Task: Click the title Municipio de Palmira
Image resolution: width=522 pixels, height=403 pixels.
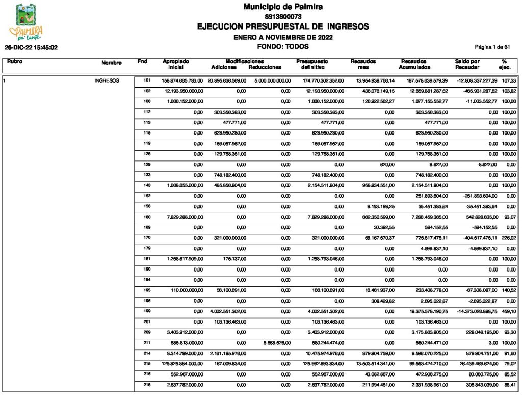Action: tap(283, 7)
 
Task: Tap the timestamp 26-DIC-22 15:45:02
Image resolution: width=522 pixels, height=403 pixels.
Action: tap(31, 47)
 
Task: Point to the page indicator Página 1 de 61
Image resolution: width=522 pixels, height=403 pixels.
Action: tap(492, 47)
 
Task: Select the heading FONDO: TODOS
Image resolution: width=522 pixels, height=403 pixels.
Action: tap(283, 46)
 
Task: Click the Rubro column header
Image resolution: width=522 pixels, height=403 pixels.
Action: tap(15, 62)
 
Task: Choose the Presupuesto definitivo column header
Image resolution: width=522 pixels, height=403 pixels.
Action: tap(312, 64)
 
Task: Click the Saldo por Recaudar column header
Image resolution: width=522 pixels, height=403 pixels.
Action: tap(467, 64)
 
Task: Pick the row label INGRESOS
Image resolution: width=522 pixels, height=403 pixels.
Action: tap(107, 80)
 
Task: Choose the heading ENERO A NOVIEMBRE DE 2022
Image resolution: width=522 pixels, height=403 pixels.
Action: tap(283, 37)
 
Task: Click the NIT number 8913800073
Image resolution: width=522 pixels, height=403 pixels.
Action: tap(283, 17)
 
